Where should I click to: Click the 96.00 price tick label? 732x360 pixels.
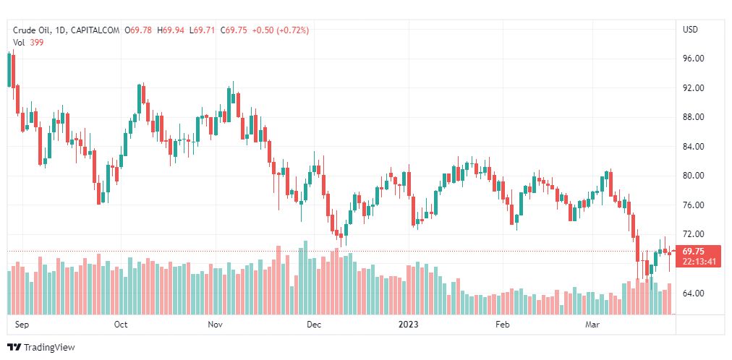(694, 59)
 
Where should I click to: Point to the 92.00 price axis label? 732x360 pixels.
(694, 88)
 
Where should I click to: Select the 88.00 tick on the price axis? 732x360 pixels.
(694, 117)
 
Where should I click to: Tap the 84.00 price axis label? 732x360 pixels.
(694, 147)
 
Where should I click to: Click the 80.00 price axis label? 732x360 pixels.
(694, 176)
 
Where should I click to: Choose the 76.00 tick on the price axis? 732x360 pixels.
(694, 205)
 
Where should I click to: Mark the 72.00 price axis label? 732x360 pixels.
(694, 234)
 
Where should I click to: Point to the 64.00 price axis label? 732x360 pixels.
(694, 293)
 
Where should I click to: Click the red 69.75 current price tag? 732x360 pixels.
(693, 252)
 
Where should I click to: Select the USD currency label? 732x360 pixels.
(691, 30)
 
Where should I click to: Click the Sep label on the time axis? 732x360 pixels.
(21, 325)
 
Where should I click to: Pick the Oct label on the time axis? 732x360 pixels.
(121, 325)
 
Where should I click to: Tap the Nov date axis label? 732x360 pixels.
(215, 325)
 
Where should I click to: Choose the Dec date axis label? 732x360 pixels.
(313, 325)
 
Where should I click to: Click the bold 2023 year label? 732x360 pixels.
(409, 325)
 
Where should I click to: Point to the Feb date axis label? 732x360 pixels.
(503, 325)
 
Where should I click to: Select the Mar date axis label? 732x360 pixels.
(592, 325)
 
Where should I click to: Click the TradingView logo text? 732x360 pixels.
(48, 348)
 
